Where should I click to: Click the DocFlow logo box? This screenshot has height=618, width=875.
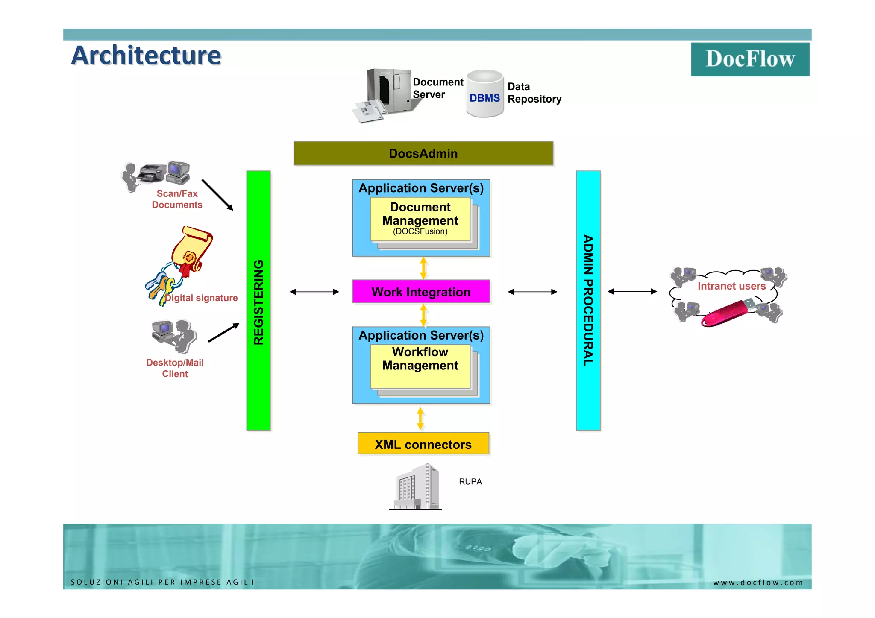750,59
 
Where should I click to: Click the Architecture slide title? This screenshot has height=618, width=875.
146,56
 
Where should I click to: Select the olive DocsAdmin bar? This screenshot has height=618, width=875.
423,153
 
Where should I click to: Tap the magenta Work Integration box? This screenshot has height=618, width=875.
421,292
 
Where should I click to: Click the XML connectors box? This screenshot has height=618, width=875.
423,444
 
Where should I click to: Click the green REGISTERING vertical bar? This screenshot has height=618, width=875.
258,301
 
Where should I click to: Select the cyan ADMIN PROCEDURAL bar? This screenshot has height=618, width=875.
588,301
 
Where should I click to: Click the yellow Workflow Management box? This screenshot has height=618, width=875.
420,366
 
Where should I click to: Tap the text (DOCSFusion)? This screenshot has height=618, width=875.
420,231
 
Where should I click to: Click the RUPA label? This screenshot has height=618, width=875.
470,482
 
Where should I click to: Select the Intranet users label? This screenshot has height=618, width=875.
731,286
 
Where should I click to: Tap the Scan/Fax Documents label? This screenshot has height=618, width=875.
177,199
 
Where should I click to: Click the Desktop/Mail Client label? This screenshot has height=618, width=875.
175,368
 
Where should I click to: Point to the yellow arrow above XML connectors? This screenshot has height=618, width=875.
420,419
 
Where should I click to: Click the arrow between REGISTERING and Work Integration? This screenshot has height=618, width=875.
314,292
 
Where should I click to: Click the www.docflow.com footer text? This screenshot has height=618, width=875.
758,583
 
